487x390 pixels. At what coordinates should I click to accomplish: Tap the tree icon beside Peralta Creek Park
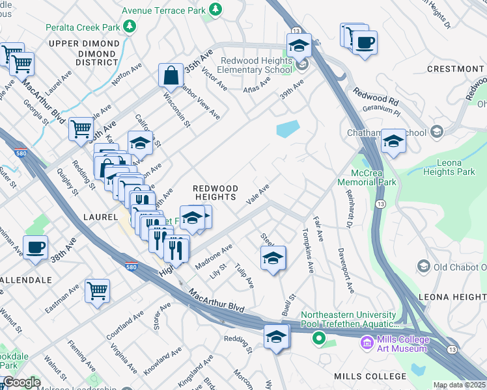(x=131, y=27)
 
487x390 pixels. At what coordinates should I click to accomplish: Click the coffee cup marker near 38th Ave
(x=35, y=248)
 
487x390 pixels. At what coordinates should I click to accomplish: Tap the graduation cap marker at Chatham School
(x=393, y=142)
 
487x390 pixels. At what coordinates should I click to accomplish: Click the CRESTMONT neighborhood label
(x=455, y=69)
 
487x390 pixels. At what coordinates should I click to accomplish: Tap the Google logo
(x=21, y=382)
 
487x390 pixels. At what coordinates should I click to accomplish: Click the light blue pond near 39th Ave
(x=287, y=129)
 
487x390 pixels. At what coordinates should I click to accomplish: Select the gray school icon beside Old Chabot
(x=424, y=266)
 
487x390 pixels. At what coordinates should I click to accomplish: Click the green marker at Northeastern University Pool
(x=318, y=338)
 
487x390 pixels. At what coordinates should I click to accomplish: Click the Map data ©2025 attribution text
(x=459, y=385)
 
